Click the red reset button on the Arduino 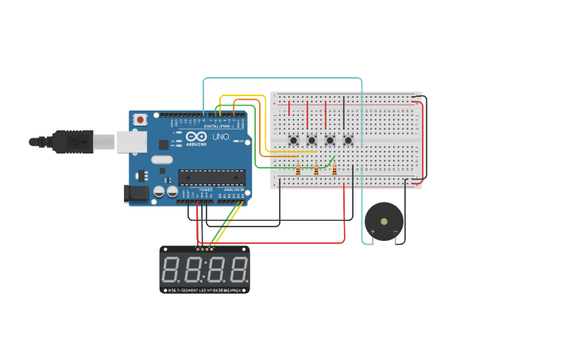pyautogui.click(x=141, y=119)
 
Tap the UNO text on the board pyautogui.click(x=220, y=137)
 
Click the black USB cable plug pyautogui.click(x=72, y=141)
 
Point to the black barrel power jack pyautogui.click(x=137, y=192)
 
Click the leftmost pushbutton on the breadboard pyautogui.click(x=293, y=141)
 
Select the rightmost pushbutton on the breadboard pyautogui.click(x=348, y=141)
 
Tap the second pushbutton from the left pyautogui.click(x=311, y=141)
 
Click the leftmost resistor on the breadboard pyautogui.click(x=298, y=169)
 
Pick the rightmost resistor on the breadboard pyautogui.click(x=334, y=169)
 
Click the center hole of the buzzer pyautogui.click(x=384, y=221)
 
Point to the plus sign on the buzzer pyautogui.click(x=372, y=231)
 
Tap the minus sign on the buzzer pyautogui.click(x=395, y=231)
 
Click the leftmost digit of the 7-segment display pyautogui.click(x=171, y=270)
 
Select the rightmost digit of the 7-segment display pyautogui.click(x=238, y=270)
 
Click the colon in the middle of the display pyautogui.click(x=204, y=270)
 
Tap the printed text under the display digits pyautogui.click(x=205, y=290)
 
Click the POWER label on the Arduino pyautogui.click(x=206, y=191)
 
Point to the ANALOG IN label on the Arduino pyautogui.click(x=233, y=191)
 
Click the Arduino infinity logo pyautogui.click(x=196, y=137)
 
